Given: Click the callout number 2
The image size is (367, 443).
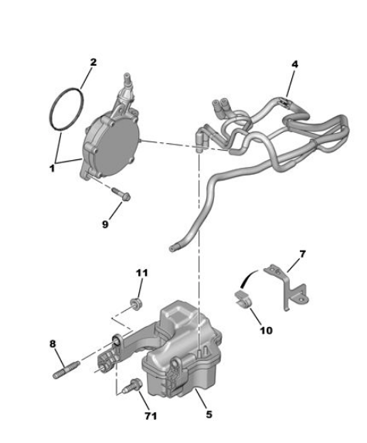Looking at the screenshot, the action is click(93, 62).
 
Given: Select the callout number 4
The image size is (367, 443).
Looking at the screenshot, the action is click(294, 64).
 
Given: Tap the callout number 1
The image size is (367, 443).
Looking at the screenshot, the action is click(52, 169).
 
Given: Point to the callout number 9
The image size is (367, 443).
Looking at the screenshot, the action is click(105, 224).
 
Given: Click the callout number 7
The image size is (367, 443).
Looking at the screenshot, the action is click(302, 254).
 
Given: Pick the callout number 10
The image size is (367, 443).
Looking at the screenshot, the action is click(266, 330).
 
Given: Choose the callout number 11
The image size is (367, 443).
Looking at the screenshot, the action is click(142, 273).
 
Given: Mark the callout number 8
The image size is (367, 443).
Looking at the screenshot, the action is click(53, 344).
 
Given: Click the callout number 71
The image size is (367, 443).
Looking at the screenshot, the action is click(151, 416).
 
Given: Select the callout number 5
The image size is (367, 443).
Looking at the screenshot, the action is click(209, 414).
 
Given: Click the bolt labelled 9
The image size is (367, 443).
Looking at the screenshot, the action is click(121, 193).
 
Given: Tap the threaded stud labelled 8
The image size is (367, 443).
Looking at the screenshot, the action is click(66, 370).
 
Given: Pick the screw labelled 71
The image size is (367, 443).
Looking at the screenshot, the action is click(132, 385).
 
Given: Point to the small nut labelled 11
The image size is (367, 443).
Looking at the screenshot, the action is click(135, 303).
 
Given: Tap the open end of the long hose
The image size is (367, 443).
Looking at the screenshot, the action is click(172, 249).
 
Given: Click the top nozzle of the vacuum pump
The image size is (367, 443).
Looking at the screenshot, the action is click(127, 77).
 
